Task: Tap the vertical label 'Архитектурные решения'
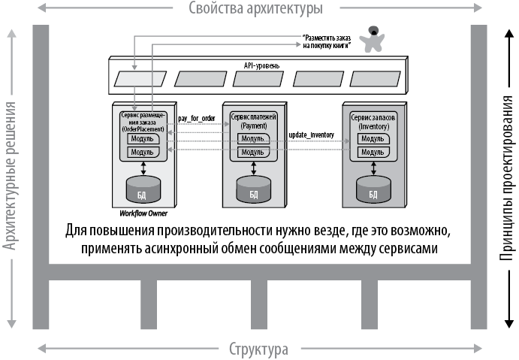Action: [10, 174]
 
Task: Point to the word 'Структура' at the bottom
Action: [258, 349]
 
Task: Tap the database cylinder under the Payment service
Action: [252, 190]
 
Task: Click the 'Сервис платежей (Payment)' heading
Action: [253, 122]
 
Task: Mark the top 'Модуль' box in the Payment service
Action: [253, 140]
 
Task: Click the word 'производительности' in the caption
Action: [224, 229]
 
